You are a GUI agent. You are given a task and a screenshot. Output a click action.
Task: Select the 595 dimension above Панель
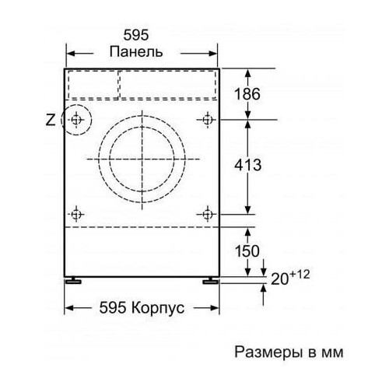coord(137,35)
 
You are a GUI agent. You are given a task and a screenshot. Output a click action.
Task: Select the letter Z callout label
coord(51,120)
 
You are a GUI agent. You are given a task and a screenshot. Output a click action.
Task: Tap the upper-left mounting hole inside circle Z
coord(76,120)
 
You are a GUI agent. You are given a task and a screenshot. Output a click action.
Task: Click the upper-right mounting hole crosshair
coord(208,120)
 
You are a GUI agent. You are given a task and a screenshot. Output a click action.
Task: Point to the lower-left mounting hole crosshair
coord(76,213)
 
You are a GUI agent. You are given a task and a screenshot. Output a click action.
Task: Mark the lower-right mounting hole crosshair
coord(208,213)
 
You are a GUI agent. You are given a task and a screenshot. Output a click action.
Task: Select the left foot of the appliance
coord(74,279)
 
